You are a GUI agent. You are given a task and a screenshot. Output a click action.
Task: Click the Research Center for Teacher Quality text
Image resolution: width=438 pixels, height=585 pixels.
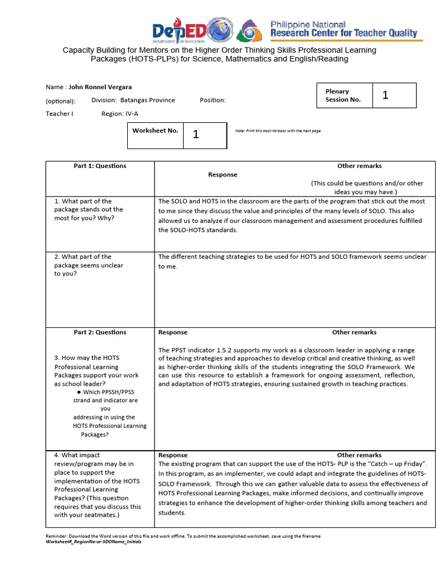(343, 33)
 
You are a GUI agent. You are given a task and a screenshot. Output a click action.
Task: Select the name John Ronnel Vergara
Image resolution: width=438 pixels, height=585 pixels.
(100, 87)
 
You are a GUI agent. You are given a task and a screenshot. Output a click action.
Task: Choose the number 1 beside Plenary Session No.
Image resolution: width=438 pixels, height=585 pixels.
(385, 95)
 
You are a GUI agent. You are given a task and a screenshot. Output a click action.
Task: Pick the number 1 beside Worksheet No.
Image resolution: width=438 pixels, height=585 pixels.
(196, 135)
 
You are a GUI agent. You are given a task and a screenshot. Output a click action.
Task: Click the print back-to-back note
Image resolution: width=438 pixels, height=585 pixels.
(278, 131)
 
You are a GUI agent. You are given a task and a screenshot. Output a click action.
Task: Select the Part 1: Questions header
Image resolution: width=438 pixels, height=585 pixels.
(100, 166)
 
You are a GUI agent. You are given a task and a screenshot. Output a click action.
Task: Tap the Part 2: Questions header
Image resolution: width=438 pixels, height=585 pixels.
(100, 332)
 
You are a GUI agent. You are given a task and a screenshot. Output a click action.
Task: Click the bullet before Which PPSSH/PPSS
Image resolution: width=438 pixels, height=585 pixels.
(78, 392)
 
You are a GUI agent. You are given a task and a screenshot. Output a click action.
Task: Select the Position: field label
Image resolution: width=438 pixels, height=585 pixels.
(213, 101)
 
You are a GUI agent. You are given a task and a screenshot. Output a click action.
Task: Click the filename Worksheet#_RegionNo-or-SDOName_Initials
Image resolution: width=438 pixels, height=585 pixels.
(93, 542)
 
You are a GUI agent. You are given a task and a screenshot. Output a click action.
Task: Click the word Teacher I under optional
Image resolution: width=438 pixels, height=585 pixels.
(59, 114)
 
